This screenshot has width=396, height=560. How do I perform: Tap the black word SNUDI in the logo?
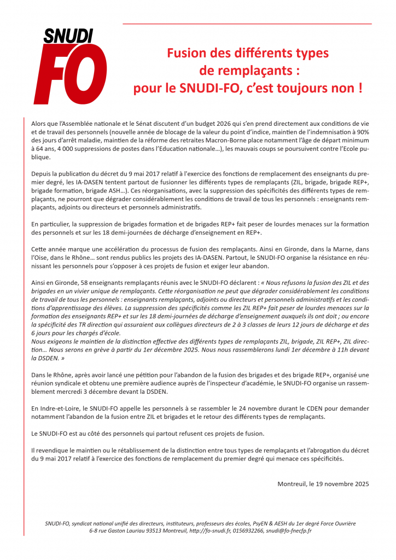tap(68, 36)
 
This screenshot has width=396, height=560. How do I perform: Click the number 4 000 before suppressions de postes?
tap(59, 149)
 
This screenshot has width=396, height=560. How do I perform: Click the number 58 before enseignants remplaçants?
tap(84, 282)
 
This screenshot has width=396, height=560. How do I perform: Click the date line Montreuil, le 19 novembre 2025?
tap(323, 484)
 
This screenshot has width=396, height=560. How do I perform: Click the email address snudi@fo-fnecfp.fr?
tap(292, 531)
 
